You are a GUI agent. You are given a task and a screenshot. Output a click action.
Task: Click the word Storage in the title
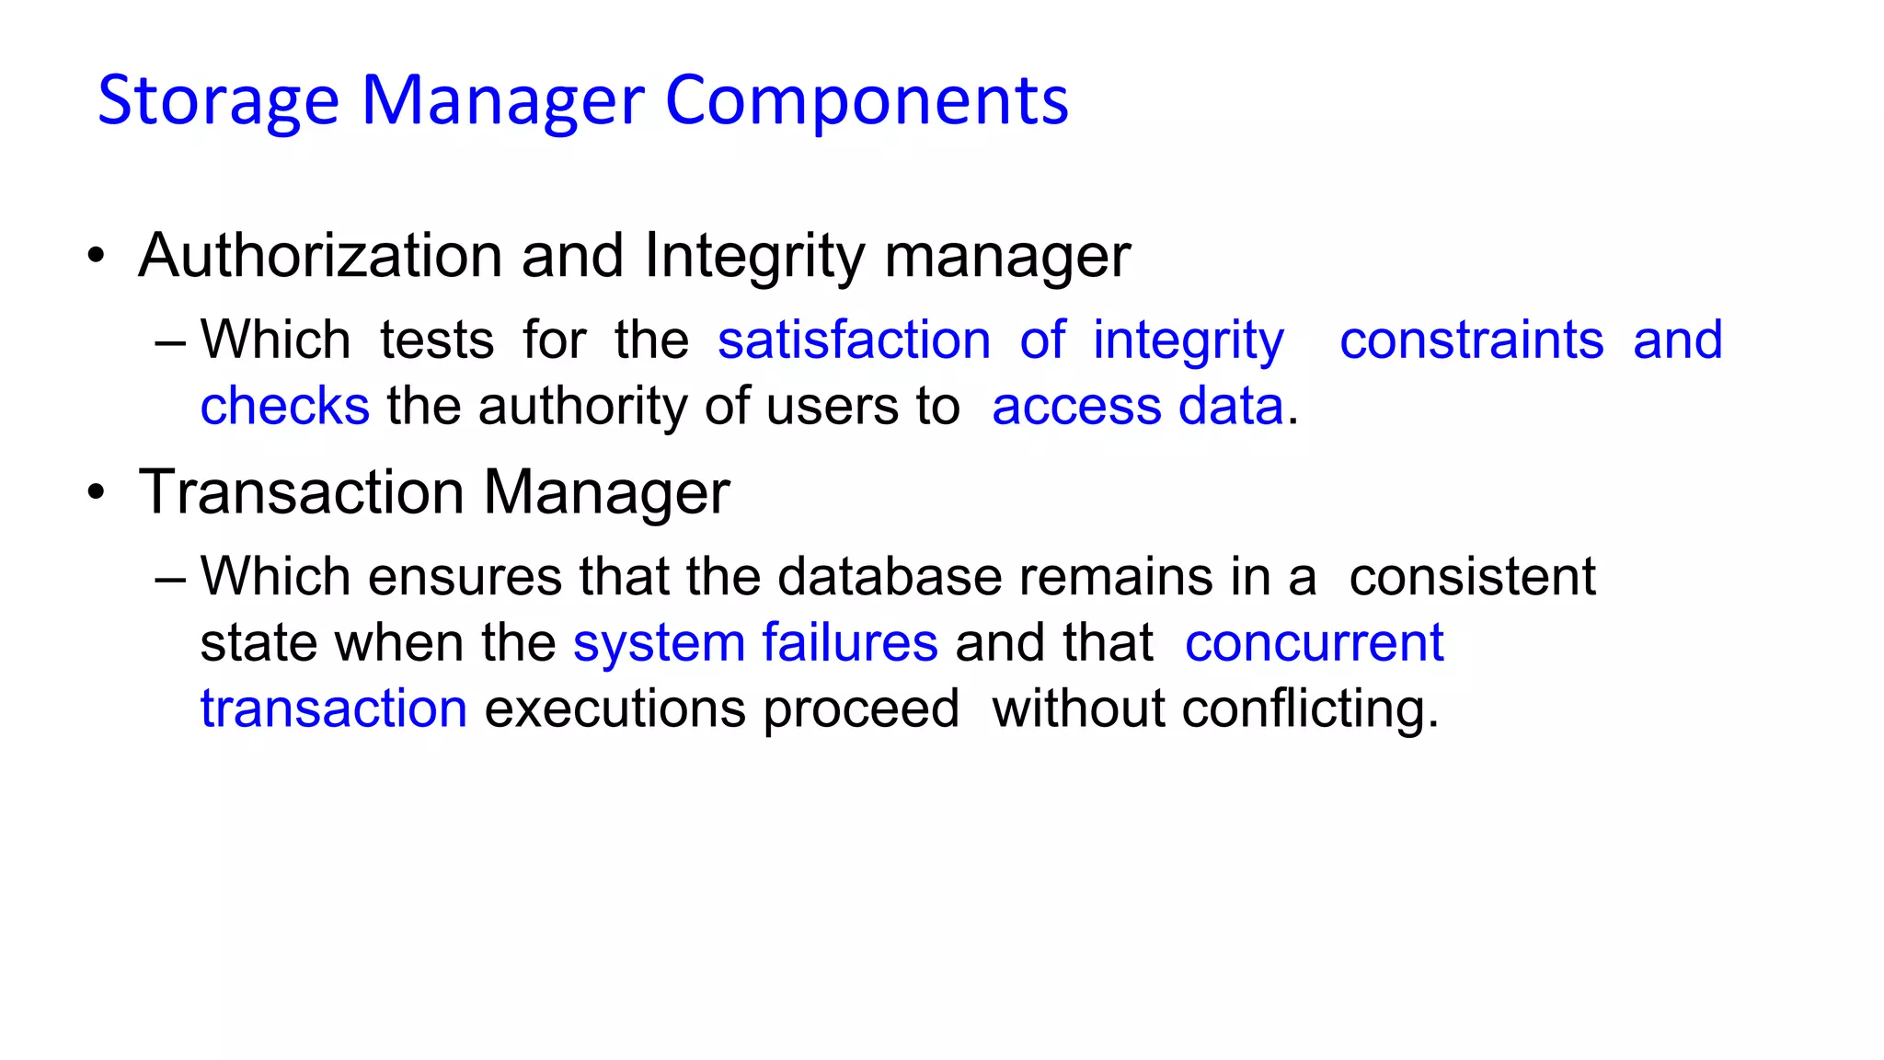218,101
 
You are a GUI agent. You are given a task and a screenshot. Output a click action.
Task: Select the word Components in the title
867,101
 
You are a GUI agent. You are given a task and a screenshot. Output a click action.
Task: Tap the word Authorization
320,255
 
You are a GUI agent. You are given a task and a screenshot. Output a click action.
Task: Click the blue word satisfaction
854,340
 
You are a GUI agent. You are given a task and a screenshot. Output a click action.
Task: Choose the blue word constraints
1471,340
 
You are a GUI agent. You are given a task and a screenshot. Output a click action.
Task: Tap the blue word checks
285,407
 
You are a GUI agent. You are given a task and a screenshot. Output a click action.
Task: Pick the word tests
437,340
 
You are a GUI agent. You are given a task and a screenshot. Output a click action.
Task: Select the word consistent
1472,577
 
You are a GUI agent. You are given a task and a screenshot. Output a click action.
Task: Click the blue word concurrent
1314,642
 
